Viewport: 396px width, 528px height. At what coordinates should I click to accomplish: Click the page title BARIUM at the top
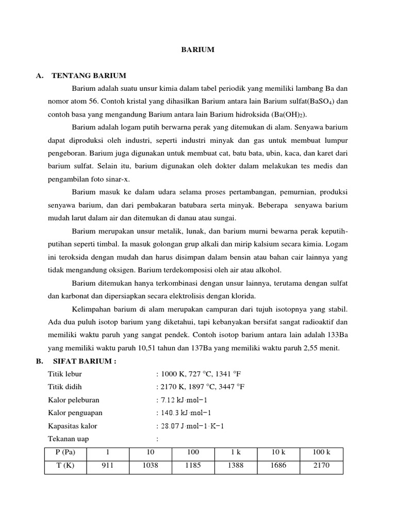[197, 50]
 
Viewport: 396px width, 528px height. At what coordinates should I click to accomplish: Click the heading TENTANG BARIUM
[89, 76]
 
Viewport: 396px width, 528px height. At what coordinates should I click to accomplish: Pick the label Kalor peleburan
[74, 400]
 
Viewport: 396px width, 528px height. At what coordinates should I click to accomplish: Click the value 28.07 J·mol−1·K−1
[192, 426]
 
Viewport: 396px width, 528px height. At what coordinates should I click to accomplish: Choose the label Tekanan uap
[69, 439]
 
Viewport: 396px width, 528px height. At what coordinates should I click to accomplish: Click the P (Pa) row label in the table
[65, 452]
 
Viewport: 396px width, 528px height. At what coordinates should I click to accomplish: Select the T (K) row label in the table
[65, 466]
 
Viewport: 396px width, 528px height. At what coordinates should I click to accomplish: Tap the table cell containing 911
[107, 466]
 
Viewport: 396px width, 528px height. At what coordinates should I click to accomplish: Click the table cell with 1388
[235, 466]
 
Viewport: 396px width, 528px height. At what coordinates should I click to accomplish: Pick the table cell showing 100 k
[321, 452]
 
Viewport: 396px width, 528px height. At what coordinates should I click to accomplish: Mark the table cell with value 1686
[278, 466]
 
